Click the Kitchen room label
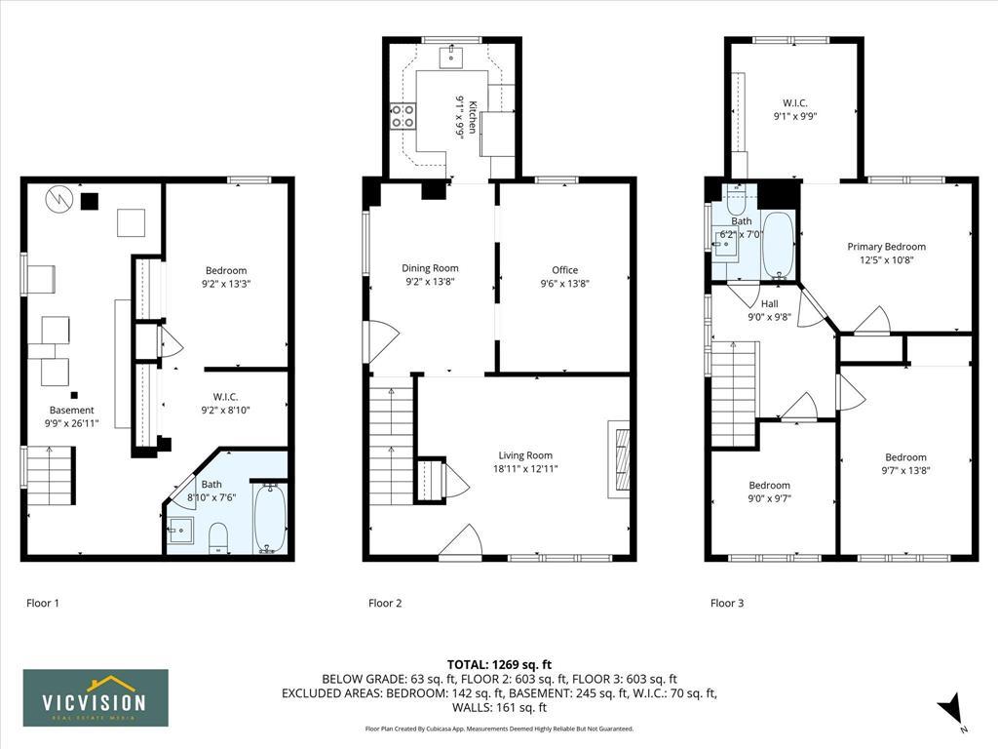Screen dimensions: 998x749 click(472, 117)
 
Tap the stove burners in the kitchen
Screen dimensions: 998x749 click(403, 116)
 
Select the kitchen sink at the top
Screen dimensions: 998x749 click(451, 56)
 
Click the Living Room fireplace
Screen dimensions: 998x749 click(619, 458)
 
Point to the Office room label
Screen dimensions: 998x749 click(564, 270)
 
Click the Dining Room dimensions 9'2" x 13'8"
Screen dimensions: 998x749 click(430, 282)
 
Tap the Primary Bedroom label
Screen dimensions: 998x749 click(887, 247)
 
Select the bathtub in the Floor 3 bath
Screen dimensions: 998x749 click(778, 245)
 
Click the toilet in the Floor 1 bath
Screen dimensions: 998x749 click(218, 537)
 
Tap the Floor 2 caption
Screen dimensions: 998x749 click(385, 603)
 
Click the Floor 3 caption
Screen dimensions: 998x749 click(727, 603)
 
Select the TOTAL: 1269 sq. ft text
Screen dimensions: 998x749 click(499, 665)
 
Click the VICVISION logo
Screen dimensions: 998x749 click(96, 698)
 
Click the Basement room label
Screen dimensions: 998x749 click(72, 411)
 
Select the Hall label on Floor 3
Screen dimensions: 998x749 click(770, 304)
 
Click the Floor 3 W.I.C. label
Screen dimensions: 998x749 click(795, 102)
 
